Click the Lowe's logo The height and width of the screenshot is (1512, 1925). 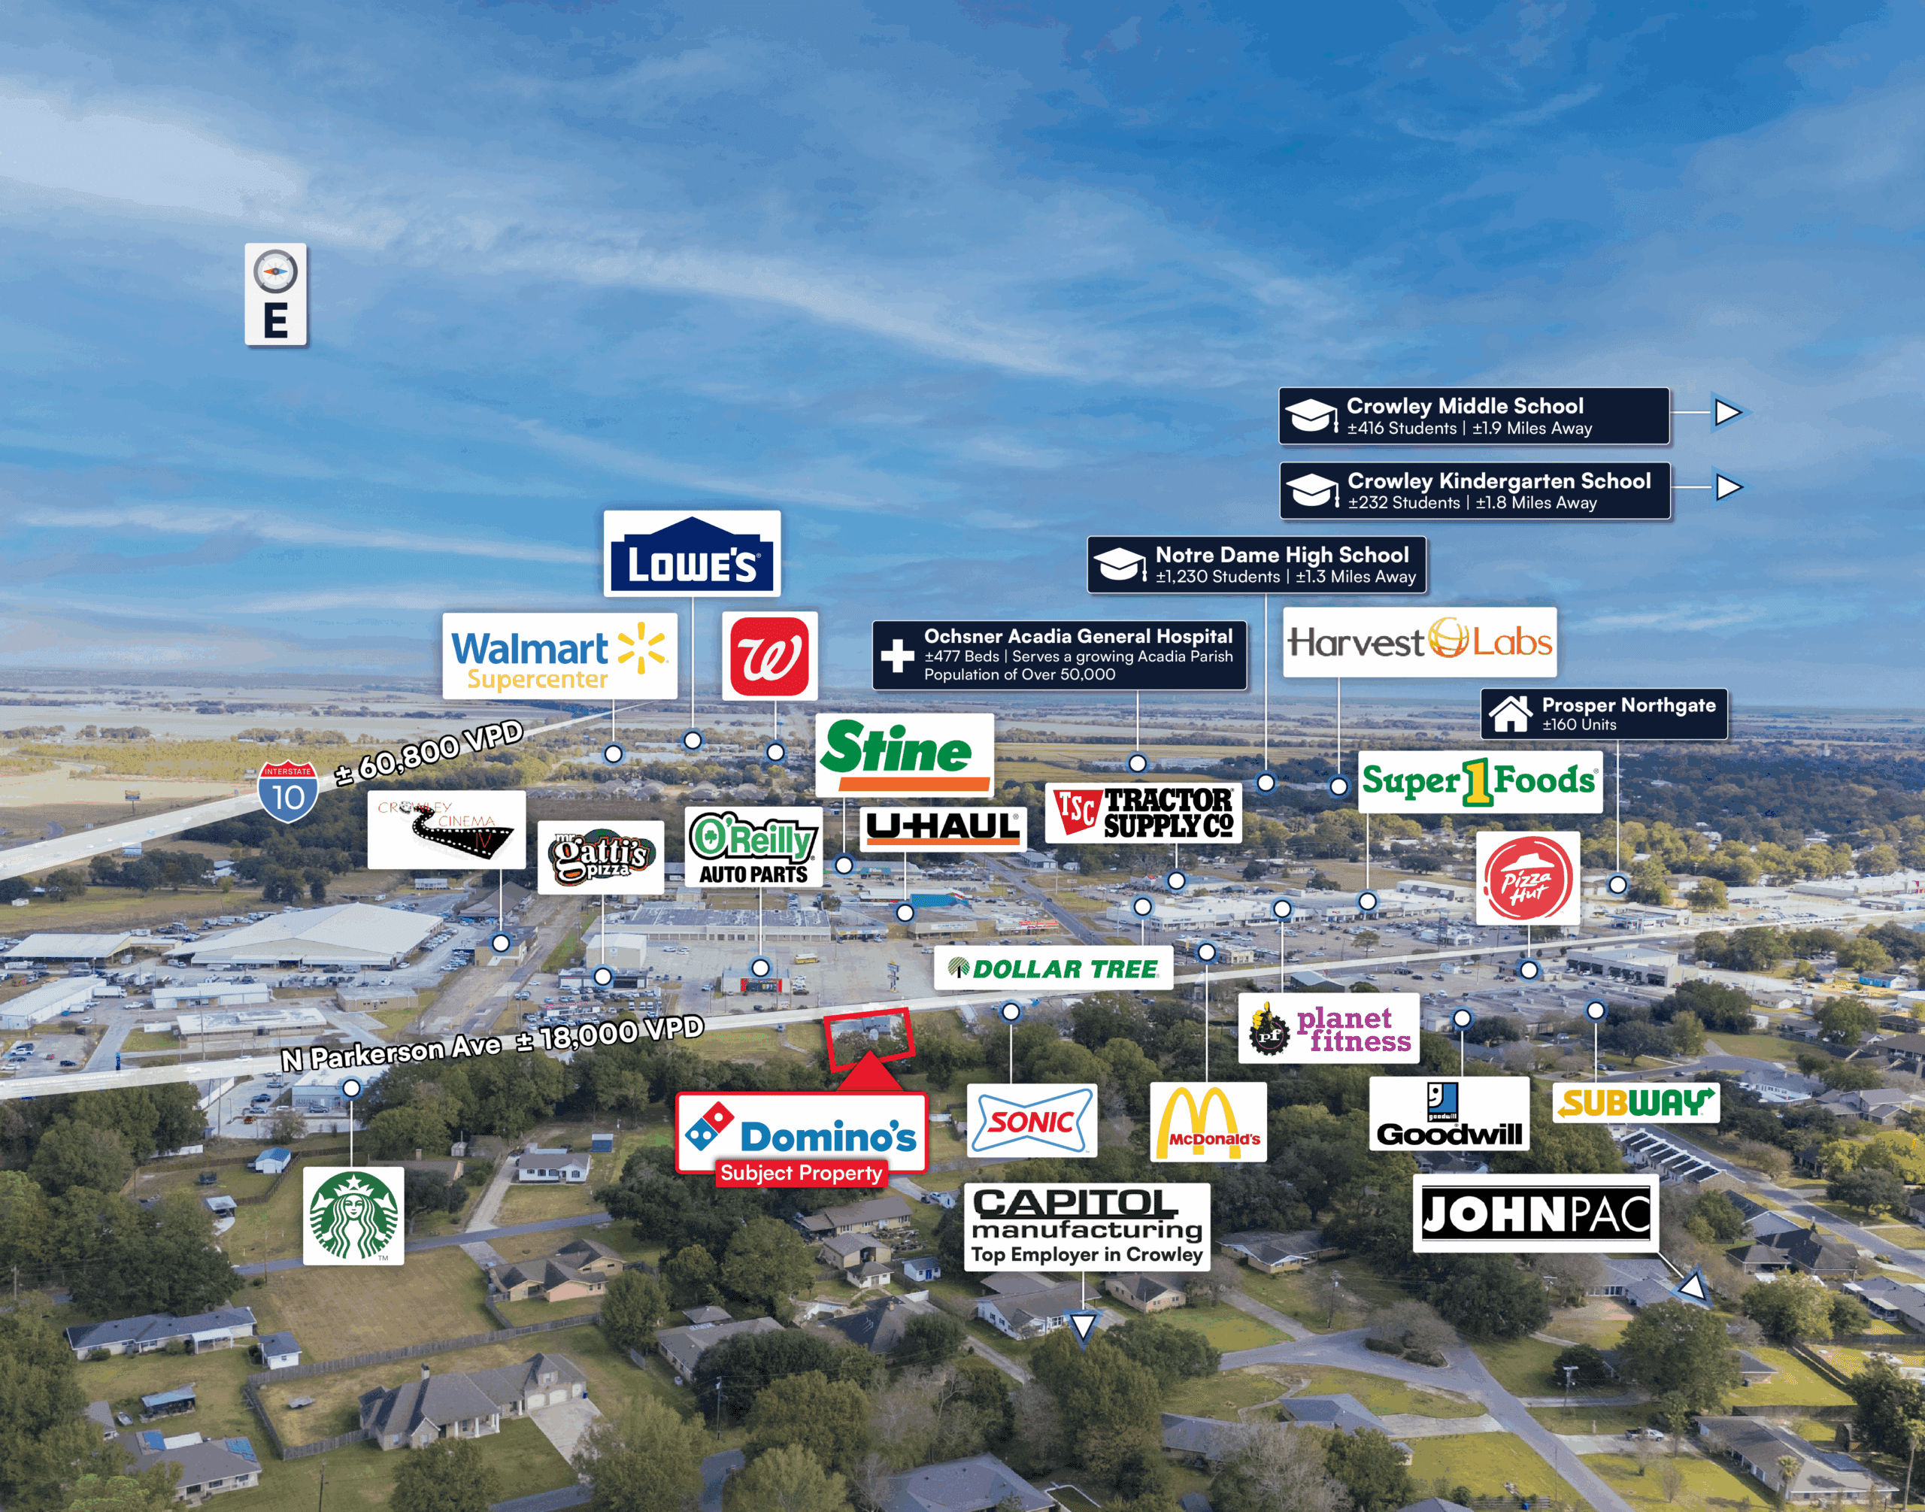[x=692, y=553]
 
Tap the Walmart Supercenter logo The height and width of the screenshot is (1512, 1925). [x=559, y=656]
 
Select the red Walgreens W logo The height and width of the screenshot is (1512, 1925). [x=768, y=656]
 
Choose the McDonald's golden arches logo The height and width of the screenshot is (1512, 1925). [x=1207, y=1122]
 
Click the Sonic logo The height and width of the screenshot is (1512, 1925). [x=1031, y=1121]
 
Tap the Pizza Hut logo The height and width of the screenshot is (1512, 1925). [x=1526, y=879]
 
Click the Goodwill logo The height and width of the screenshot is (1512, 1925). [x=1448, y=1114]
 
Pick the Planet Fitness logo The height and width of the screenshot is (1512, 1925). [x=1328, y=1029]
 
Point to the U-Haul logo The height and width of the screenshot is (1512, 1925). [x=942, y=828]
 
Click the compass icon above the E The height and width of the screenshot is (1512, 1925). [x=275, y=271]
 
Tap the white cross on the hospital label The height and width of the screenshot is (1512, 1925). [x=897, y=656]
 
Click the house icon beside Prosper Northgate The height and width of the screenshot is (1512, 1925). [x=1510, y=714]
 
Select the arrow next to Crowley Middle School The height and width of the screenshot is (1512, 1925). [x=1726, y=413]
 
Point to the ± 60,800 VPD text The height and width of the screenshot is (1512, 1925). [x=429, y=752]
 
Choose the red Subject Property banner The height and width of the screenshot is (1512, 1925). [x=801, y=1173]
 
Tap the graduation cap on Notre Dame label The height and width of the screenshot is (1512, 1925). [x=1118, y=564]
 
